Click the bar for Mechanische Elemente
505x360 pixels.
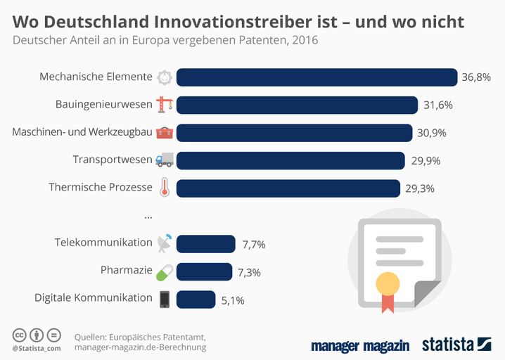tap(317, 77)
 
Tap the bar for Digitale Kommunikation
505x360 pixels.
tap(196, 299)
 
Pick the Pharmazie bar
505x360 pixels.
tap(204, 271)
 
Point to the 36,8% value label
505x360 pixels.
tap(476, 77)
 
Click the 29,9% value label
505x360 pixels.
tap(426, 160)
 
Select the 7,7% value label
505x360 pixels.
tap(253, 244)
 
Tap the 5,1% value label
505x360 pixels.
tap(233, 300)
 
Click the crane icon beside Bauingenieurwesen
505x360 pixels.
tap(165, 105)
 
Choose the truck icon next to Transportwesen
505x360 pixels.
tap(164, 160)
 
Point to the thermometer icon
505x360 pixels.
tap(164, 188)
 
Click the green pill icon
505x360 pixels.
tap(164, 271)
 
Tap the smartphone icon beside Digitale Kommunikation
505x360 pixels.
tap(164, 299)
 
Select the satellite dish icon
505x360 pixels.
tap(164, 243)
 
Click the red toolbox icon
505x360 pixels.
tap(164, 132)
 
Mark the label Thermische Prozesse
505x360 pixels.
tap(101, 187)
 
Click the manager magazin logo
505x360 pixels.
tap(361, 345)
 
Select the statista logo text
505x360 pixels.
tap(448, 345)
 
